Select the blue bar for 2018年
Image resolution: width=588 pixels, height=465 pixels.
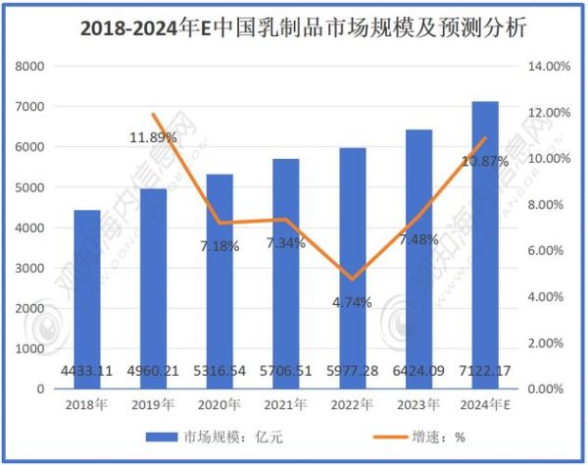[86, 294]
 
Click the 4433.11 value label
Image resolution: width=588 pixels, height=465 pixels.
[86, 372]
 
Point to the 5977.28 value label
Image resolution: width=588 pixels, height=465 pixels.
[352, 372]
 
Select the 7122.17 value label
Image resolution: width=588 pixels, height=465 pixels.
[485, 372]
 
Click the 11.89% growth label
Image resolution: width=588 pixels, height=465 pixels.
[153, 137]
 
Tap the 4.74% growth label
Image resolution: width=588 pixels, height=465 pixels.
[352, 302]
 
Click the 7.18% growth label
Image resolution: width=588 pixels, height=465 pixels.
[220, 246]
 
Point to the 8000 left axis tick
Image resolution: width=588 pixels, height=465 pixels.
[32, 67]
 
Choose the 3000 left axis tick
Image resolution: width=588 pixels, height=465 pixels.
[32, 268]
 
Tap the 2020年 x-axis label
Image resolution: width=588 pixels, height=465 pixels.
[220, 403]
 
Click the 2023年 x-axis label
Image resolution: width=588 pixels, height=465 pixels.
[418, 403]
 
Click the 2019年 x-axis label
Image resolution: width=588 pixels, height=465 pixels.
[153, 403]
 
